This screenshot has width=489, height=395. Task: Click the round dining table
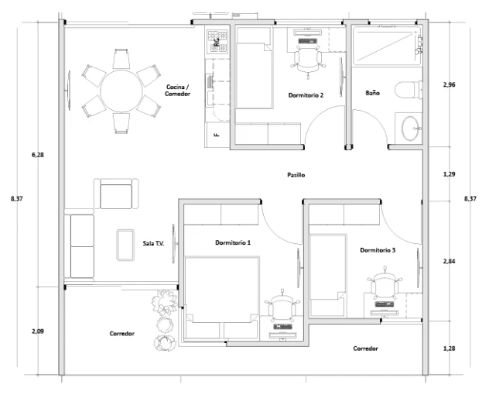[121, 91]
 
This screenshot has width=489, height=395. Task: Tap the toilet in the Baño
[409, 91]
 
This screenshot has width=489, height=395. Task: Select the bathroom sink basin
[410, 129]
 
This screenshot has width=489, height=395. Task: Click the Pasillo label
[296, 175]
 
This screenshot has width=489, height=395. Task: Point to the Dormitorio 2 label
[306, 95]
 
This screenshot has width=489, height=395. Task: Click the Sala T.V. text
[153, 243]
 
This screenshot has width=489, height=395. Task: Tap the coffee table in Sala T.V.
[125, 245]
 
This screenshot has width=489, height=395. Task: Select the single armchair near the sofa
[116, 194]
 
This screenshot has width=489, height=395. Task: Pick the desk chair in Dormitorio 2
[308, 61]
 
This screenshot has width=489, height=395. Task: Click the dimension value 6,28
[38, 155]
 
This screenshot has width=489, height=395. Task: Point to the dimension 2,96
[449, 84]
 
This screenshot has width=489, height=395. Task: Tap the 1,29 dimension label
[449, 174]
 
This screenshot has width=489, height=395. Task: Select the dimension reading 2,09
[38, 331]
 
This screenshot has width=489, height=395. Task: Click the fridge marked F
[217, 135]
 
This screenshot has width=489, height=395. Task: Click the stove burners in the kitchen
[218, 41]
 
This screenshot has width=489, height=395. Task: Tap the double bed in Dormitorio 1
[221, 298]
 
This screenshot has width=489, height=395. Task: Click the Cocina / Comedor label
[178, 91]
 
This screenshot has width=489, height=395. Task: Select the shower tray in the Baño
[387, 46]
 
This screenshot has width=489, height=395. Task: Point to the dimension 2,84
[449, 261]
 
